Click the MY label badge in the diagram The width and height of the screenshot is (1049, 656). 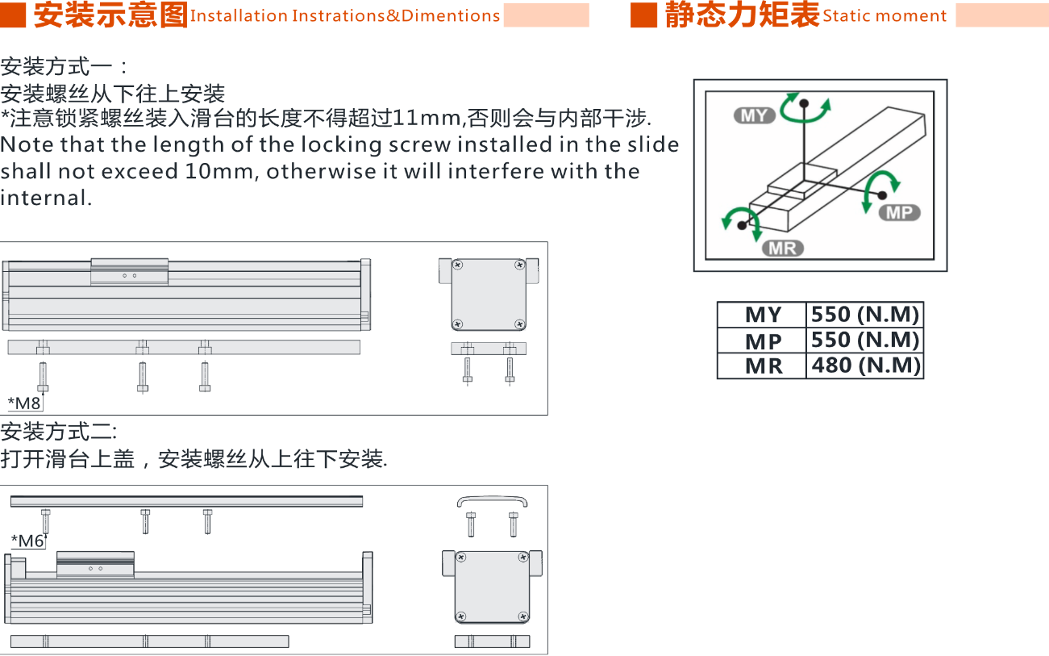coord(755,115)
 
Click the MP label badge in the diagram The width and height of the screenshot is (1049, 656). coord(900,213)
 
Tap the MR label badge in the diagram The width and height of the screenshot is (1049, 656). coord(783,249)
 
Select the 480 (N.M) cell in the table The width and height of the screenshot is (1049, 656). coord(865,366)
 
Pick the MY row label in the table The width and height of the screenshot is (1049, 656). coord(764,315)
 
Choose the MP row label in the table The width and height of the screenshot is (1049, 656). coord(764,341)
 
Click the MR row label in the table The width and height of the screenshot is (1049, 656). coord(764,366)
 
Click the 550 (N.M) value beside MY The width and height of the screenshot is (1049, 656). coord(865,315)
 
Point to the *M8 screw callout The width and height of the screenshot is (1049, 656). coord(24,403)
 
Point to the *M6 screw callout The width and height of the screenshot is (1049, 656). coord(27,541)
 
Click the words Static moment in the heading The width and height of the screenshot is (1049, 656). coord(885,16)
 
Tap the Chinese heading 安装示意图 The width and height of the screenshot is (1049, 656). coord(110,15)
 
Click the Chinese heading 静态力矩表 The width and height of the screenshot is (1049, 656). coord(743,15)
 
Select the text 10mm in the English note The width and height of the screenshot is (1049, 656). coord(219,171)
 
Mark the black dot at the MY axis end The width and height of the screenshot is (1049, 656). coord(804,103)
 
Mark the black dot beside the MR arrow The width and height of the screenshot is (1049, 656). coord(742,225)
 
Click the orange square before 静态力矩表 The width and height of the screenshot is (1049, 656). coord(644,15)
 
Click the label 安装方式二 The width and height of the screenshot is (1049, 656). coord(59,432)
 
